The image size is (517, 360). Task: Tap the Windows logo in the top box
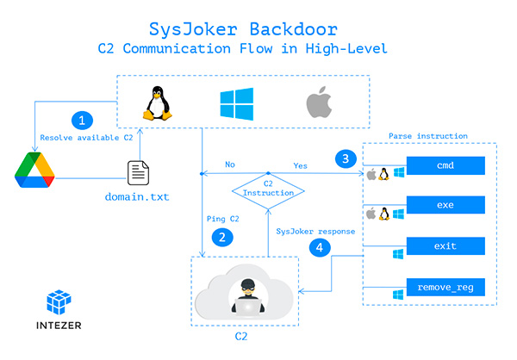[234, 104]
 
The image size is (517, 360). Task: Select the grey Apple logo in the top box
[318, 104]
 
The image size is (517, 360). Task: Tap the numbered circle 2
[224, 237]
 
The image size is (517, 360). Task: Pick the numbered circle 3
[345, 158]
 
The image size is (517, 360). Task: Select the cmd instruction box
[445, 164]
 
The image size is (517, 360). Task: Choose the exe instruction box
[445, 205]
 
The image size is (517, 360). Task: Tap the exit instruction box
[445, 246]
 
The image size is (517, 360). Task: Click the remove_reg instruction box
[445, 287]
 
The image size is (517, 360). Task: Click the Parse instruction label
[427, 136]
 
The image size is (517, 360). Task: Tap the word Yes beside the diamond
[301, 164]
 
